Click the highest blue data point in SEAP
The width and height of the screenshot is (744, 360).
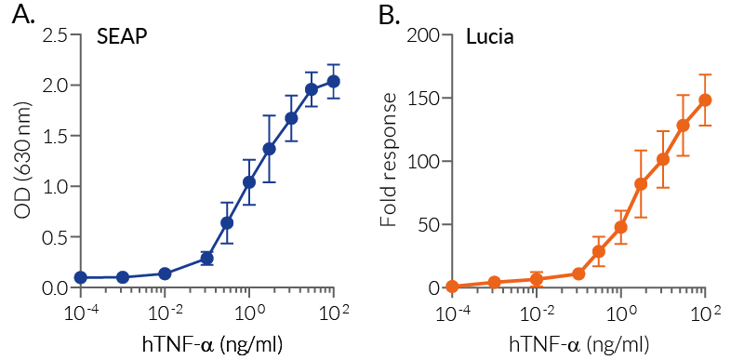333,81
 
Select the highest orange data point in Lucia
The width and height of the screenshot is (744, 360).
705,100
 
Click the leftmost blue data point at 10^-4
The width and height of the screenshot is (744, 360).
81,277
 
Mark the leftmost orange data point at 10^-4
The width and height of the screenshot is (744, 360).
452,287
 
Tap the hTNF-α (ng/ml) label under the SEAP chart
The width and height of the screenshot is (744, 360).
208,343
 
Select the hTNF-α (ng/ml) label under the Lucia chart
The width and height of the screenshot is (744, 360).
578,343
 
